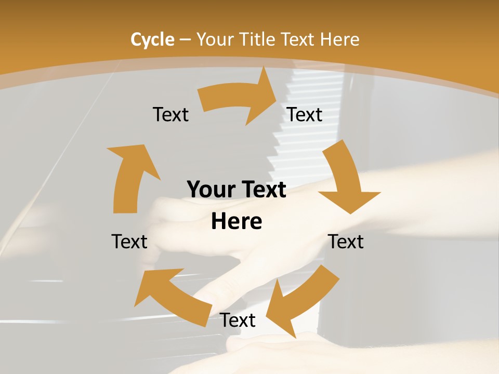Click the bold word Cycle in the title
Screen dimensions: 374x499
tap(152, 39)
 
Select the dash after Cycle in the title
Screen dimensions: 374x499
tap(185, 40)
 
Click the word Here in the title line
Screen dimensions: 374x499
tap(339, 39)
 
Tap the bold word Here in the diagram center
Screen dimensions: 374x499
tap(237, 221)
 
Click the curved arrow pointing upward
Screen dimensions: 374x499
tap(130, 177)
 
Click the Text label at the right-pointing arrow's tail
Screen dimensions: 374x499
tap(170, 114)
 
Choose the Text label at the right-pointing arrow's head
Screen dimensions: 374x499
tap(305, 114)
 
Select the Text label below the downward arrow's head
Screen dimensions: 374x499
tap(346, 242)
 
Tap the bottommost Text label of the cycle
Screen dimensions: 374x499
tap(238, 320)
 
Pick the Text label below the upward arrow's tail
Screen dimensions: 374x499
tap(129, 242)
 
